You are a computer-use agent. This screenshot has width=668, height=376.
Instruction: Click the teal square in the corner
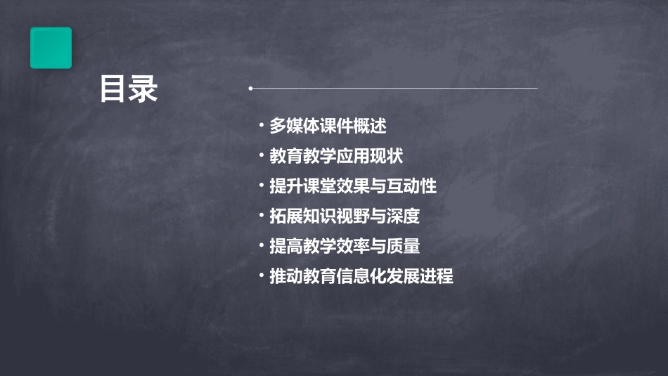click(51, 48)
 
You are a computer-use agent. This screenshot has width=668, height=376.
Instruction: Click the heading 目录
click(129, 89)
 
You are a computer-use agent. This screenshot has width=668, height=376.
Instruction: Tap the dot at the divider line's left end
click(250, 89)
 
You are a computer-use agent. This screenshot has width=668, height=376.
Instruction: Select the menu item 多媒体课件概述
click(328, 126)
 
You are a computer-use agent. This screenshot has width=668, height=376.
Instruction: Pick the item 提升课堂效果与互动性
click(353, 186)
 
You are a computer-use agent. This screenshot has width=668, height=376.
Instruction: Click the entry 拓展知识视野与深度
click(345, 216)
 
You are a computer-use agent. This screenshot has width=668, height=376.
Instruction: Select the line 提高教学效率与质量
click(345, 246)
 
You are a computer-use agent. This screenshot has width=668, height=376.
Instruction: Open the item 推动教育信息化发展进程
click(361, 276)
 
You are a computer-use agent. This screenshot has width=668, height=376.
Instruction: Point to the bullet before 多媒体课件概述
click(261, 126)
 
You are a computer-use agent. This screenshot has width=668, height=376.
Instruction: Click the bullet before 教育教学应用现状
click(261, 156)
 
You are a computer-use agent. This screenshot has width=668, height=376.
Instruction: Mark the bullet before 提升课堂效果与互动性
click(261, 186)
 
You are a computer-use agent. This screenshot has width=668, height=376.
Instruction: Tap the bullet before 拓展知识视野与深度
click(261, 216)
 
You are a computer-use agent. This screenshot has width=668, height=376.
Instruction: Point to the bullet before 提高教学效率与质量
click(261, 246)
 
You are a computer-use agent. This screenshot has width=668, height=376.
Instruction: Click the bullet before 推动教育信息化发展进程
click(261, 276)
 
